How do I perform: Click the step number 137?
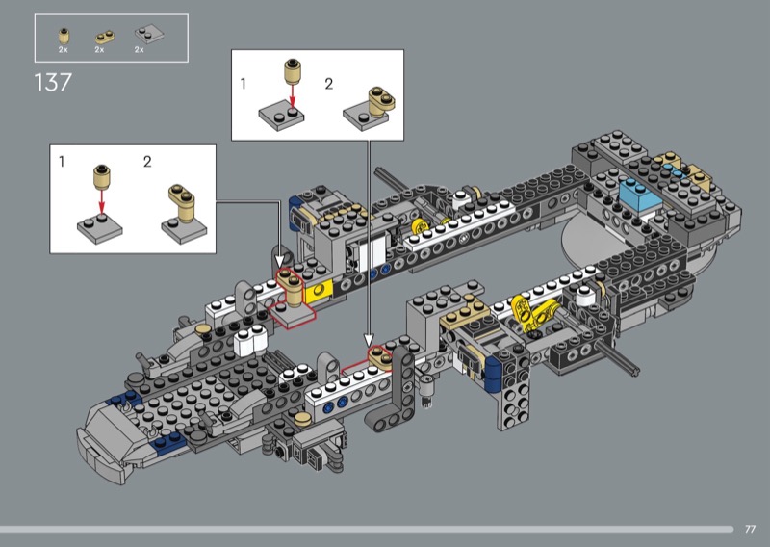point(53,82)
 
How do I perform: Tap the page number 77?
point(750,529)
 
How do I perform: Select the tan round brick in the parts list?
point(64,36)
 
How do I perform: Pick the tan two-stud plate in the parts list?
point(104,37)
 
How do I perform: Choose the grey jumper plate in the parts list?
point(149,34)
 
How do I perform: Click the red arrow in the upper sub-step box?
point(293,95)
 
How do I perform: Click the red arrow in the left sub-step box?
point(102,202)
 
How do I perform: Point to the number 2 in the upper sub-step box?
point(329,84)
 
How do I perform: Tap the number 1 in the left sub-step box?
point(62,161)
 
